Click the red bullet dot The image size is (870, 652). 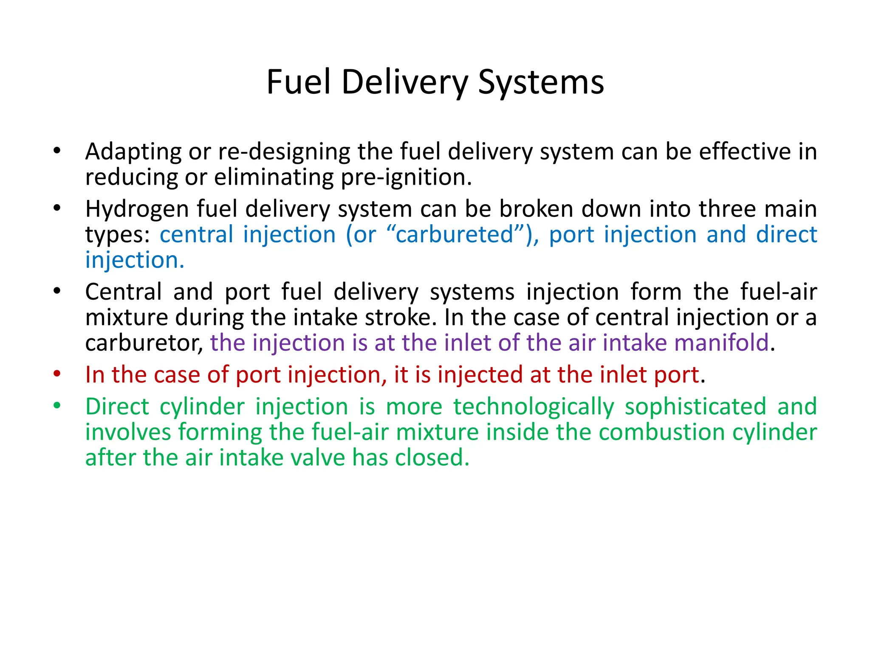[57, 374]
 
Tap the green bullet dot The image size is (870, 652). [57, 406]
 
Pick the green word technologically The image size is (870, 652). [534, 407]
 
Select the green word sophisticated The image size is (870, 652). [695, 407]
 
